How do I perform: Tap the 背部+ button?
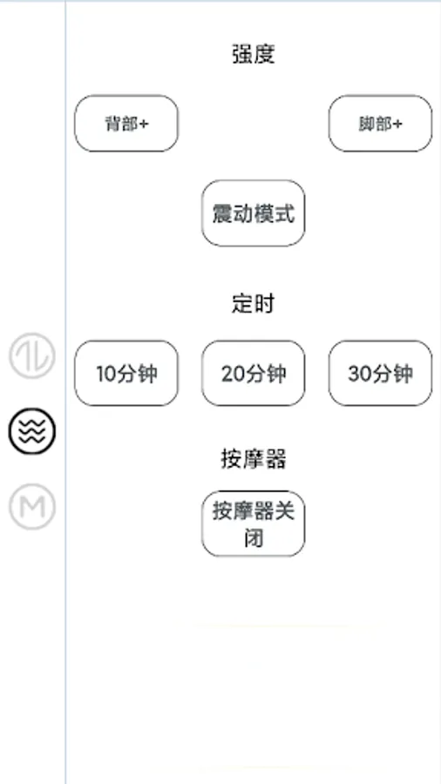126,124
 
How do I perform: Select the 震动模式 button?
254,213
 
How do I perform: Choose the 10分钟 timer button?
126,374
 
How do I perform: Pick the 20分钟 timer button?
254,374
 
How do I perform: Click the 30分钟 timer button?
380,374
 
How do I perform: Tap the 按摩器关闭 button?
254,524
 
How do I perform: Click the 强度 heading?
254,54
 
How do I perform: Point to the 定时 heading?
254,303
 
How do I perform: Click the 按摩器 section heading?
254,459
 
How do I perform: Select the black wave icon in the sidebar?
32,430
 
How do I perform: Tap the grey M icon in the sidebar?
32,506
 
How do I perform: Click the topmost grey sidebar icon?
32,355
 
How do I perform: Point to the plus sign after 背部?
144,124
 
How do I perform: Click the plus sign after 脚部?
397,124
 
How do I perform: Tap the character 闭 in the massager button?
254,537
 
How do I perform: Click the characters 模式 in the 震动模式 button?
275,213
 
